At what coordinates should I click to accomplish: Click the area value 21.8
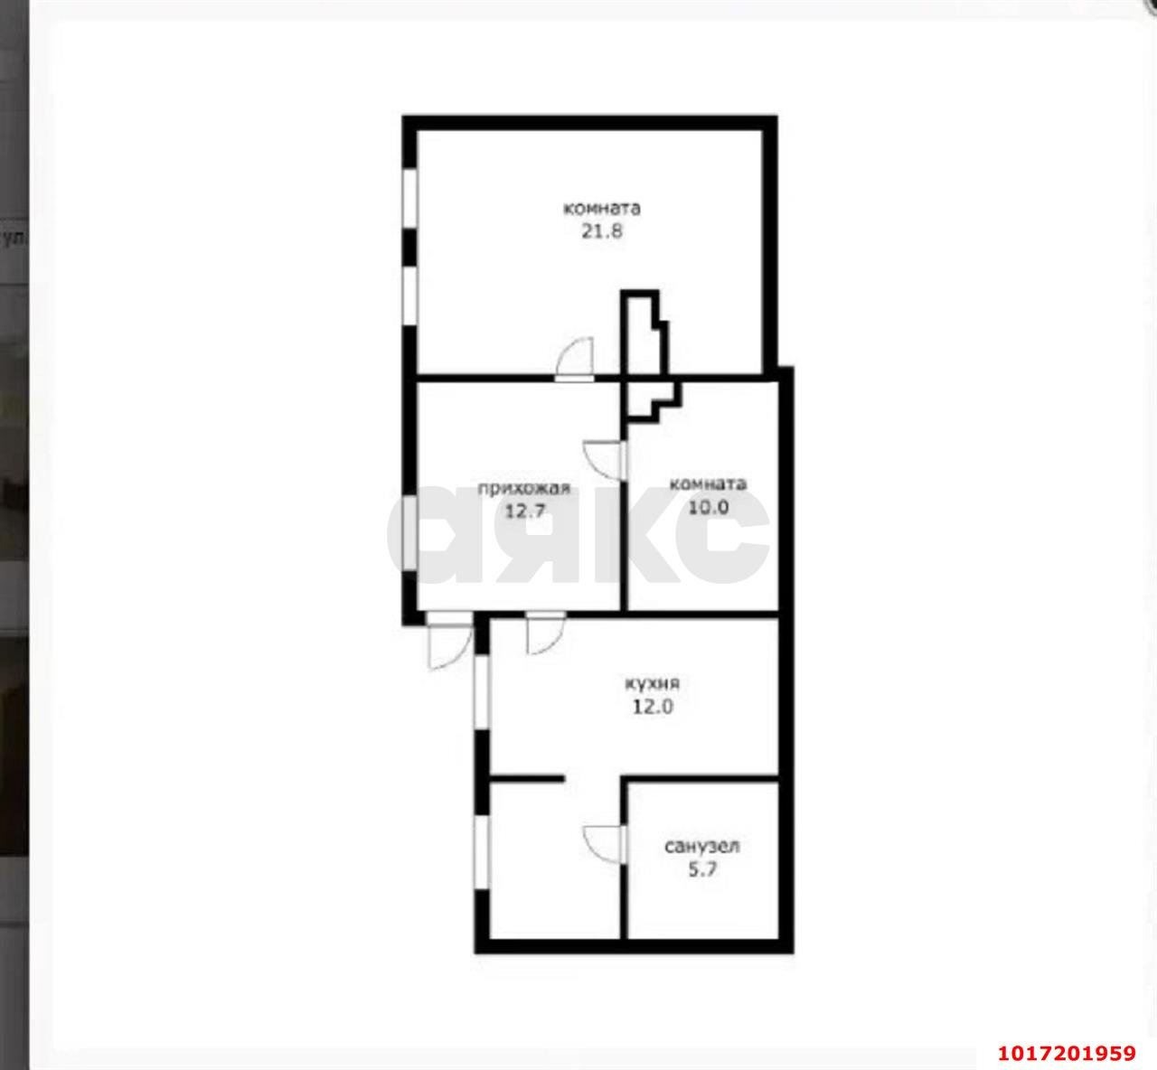pos(602,231)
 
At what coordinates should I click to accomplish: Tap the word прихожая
pos(523,488)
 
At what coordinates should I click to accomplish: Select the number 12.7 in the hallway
pos(524,511)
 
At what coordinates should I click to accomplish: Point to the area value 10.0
pos(709,507)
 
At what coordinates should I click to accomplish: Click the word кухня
pos(652,683)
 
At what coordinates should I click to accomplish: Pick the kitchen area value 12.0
pos(653,707)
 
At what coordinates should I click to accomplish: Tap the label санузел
pos(702,846)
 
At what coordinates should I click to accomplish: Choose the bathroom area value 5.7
pos(702,869)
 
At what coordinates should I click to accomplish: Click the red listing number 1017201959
pos(1067,1053)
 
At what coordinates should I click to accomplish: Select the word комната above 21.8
pos(602,208)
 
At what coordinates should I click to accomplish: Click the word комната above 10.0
pos(708,483)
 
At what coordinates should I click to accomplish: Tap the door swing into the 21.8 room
pos(574,360)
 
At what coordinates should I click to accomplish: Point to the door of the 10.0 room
pos(605,461)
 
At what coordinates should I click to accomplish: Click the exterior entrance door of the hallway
pos(449,640)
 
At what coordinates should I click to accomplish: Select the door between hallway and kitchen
pos(546,632)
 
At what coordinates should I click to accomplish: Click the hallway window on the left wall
pos(410,533)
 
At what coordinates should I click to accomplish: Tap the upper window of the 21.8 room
pos(410,199)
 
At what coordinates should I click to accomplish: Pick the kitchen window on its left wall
pos(482,691)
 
